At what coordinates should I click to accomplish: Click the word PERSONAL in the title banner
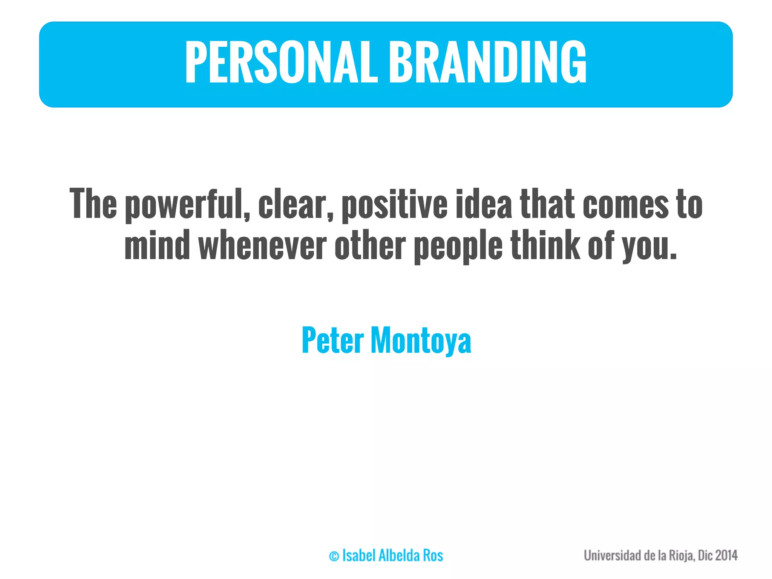pyautogui.click(x=281, y=62)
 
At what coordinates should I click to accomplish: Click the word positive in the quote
pyautogui.click(x=394, y=205)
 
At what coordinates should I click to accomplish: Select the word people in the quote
pyautogui.click(x=458, y=247)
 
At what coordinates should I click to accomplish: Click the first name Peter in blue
pyautogui.click(x=332, y=340)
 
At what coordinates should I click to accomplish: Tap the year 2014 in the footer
pyautogui.click(x=726, y=556)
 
